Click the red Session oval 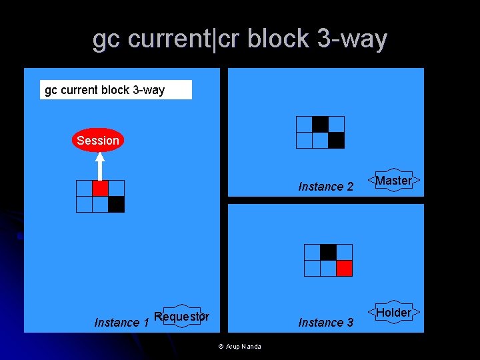tap(98, 140)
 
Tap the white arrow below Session tap(99, 166)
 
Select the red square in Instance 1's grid tap(100, 188)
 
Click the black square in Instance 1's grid tap(116, 204)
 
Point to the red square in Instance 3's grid tap(344, 268)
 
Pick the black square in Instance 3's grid tap(328, 252)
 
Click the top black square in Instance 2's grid tap(320, 124)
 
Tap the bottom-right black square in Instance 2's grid tap(336, 140)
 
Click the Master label tap(393, 181)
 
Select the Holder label tap(393, 313)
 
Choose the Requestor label tap(181, 317)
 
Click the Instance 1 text tap(121, 323)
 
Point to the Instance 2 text tap(326, 187)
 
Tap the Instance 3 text tap(326, 323)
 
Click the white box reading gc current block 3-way tap(116, 90)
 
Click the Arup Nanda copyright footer tap(240, 346)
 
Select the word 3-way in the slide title tap(352, 39)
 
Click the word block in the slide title tap(279, 39)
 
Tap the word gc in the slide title tap(107, 41)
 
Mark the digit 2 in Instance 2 tap(349, 187)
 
